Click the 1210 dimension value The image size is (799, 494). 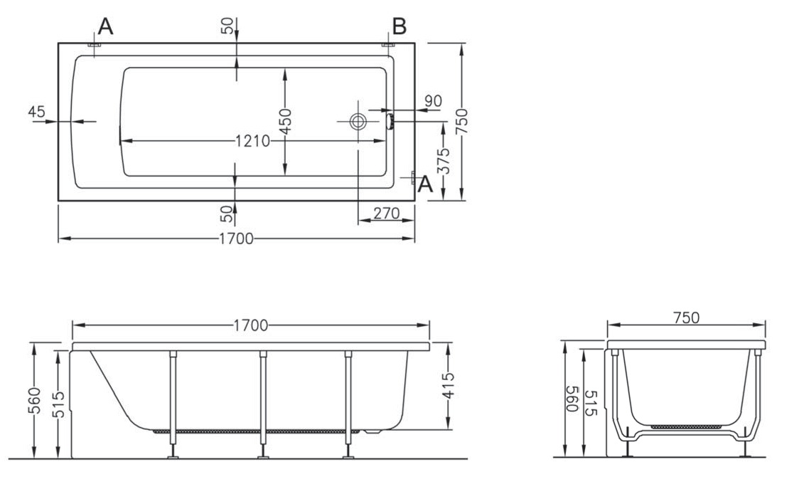[253, 140]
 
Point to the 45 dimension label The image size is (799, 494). [37, 111]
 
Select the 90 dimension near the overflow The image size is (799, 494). [433, 101]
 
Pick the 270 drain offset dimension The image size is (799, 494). [386, 213]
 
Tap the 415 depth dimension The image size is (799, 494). [448, 386]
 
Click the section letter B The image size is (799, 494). [399, 26]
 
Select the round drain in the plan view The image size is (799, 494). [358, 122]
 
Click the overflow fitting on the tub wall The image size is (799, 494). [390, 122]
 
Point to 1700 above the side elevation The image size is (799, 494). [251, 325]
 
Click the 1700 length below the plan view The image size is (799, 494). [236, 238]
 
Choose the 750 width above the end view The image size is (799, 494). [687, 317]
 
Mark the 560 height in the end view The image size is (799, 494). [572, 399]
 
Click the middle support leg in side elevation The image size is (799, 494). [263, 404]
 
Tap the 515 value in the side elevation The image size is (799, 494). [60, 404]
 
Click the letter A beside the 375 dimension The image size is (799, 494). [426, 184]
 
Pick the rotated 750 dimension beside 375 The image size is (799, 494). [461, 122]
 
